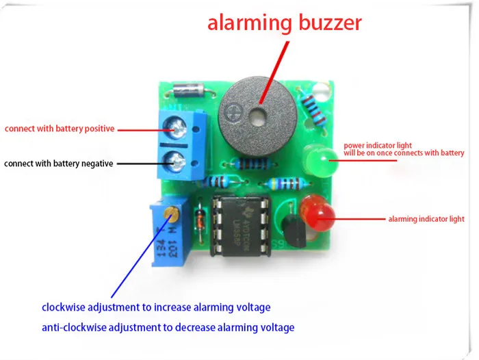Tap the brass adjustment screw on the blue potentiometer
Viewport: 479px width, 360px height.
172,216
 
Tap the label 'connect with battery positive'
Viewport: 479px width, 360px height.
60,128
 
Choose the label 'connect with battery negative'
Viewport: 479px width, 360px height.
59,164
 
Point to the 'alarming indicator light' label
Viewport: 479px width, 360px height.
426,219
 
